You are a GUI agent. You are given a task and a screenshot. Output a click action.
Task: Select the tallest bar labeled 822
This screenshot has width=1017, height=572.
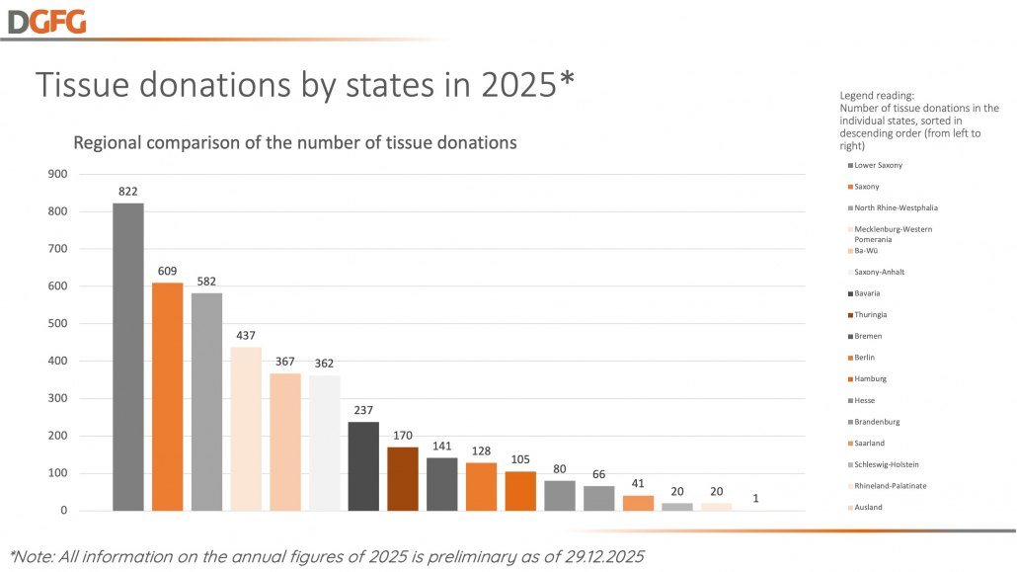click(x=127, y=357)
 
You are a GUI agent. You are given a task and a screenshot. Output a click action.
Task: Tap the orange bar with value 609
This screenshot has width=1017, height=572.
click(x=167, y=396)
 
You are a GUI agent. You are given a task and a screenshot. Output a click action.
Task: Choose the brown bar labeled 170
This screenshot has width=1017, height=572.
click(x=403, y=479)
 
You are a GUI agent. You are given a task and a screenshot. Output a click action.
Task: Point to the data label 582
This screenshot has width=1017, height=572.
click(x=206, y=283)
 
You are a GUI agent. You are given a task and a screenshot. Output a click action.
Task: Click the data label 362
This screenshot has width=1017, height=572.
click(x=324, y=364)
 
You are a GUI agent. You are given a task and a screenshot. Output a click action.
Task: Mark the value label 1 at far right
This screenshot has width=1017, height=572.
click(x=756, y=498)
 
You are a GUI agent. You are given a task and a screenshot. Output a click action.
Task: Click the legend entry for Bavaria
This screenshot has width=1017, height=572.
click(x=869, y=293)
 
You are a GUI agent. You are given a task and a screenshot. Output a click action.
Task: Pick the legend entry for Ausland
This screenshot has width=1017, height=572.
click(x=869, y=507)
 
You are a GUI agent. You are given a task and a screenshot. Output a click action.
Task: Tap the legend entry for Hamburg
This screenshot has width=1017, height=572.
click(x=870, y=378)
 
